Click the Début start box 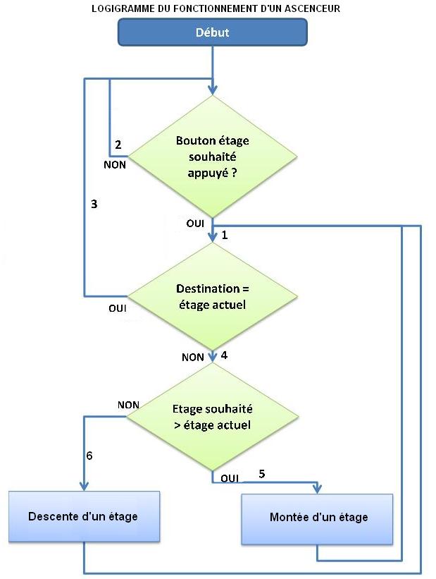(212, 32)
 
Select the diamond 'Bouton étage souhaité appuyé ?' (212, 157)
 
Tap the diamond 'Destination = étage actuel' (212, 296)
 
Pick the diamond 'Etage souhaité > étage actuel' (212, 417)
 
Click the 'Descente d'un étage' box (83, 516)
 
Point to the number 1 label (224, 234)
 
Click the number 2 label (118, 145)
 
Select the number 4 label (224, 355)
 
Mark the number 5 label (262, 474)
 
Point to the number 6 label (89, 456)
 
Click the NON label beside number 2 (114, 164)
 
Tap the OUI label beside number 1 (195, 223)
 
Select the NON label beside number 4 (192, 358)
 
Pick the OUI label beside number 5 (230, 478)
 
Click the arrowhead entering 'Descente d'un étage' (84, 487)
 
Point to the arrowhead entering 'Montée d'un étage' (318, 489)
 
